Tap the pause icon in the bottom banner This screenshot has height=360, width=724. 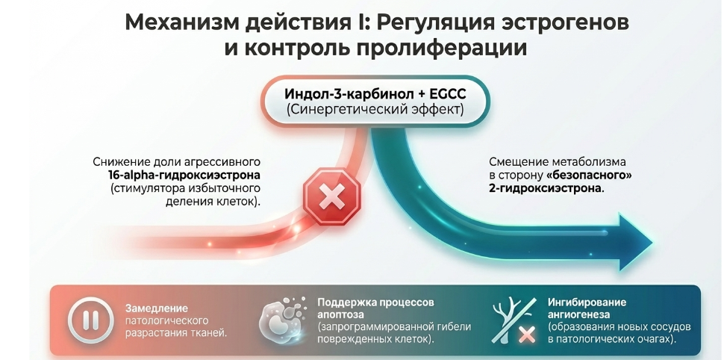[x=90, y=320]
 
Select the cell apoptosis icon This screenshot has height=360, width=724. [x=284, y=320]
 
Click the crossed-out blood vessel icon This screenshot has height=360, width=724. [x=514, y=320]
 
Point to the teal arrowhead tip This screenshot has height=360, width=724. [x=652, y=242]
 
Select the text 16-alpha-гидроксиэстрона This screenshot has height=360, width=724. [x=184, y=176]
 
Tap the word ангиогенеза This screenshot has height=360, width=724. [x=579, y=314]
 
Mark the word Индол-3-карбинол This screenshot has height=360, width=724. [x=348, y=94]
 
